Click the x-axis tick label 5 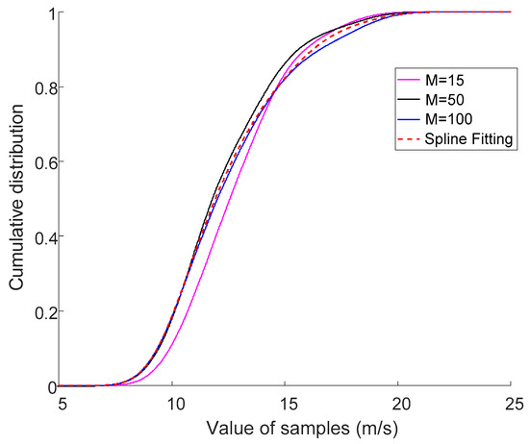tap(61, 400)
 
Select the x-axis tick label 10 tap(173, 400)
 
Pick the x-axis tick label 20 tap(398, 400)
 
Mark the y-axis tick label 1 tap(49, 12)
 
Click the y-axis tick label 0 tap(49, 386)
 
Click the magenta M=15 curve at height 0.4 tap(210, 236)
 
